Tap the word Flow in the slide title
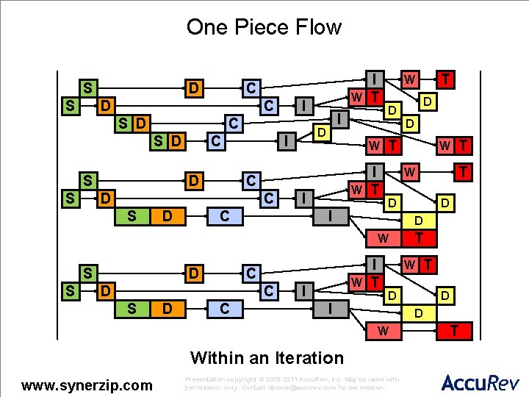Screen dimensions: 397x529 317,27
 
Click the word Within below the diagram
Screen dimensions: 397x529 217,358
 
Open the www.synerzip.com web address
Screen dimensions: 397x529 87,385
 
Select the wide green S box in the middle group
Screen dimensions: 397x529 132,215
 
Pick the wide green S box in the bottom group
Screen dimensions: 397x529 132,308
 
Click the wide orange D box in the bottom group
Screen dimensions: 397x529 168,308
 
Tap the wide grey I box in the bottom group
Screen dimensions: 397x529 331,308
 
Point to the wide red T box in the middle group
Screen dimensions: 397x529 418,238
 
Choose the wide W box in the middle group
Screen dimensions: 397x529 384,238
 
